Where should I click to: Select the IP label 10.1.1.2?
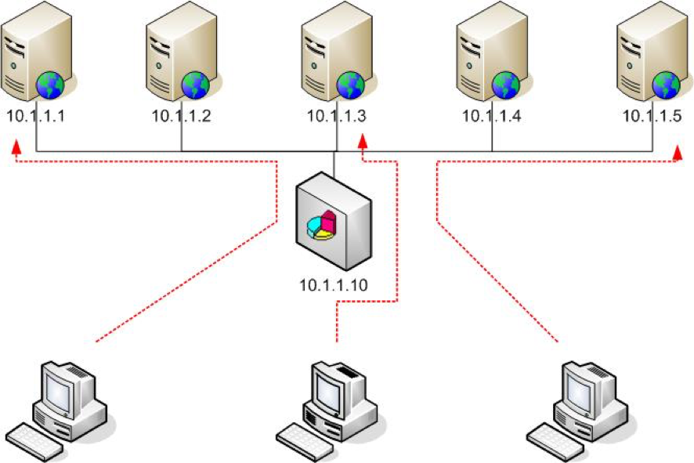(181, 116)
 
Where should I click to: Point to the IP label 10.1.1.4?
(491, 116)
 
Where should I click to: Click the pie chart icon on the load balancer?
(322, 226)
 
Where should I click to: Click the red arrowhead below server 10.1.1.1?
(16, 145)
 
